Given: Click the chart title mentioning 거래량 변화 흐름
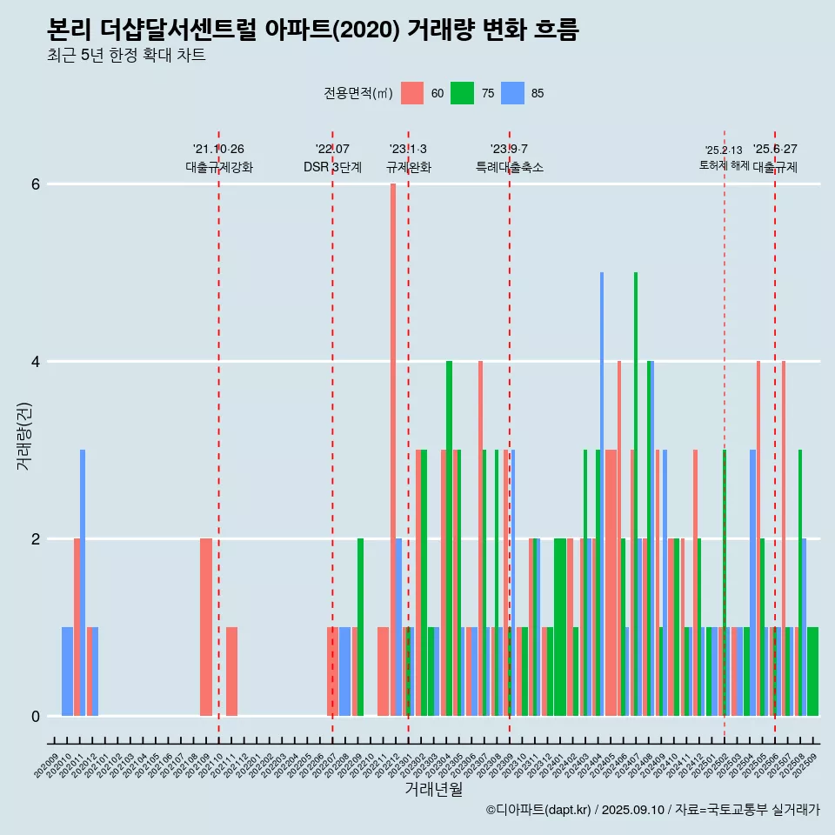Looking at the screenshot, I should click(x=312, y=30).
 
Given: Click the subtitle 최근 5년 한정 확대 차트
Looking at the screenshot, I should click(x=126, y=56).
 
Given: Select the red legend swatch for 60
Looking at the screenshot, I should click(x=412, y=93).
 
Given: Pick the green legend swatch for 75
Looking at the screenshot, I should click(x=462, y=93).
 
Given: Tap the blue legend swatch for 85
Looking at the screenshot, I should click(x=512, y=93).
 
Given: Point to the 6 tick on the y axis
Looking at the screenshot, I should click(x=35, y=184).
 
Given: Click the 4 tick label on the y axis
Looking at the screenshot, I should click(x=35, y=362).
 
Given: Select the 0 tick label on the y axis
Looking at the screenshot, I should click(x=35, y=717).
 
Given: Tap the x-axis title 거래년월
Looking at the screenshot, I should click(x=433, y=789).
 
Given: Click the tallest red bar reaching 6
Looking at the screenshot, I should click(x=393, y=435).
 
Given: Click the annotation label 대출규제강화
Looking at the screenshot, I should click(x=219, y=167).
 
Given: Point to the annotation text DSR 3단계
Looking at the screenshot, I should click(x=332, y=167).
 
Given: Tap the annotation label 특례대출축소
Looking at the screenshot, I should click(x=509, y=167).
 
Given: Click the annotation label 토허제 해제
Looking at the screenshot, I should click(x=724, y=165).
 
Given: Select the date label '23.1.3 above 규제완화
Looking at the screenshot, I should click(x=408, y=150).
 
